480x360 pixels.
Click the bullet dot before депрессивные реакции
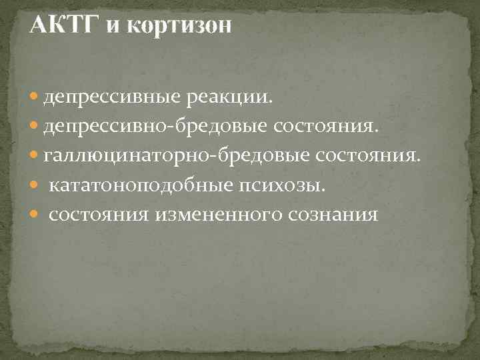pyautogui.click(x=35, y=99)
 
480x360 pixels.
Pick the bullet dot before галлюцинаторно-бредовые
pyautogui.click(x=35, y=156)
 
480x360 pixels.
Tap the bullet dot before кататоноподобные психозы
pyautogui.click(x=35, y=185)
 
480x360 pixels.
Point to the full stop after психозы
pyautogui.click(x=325, y=189)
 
